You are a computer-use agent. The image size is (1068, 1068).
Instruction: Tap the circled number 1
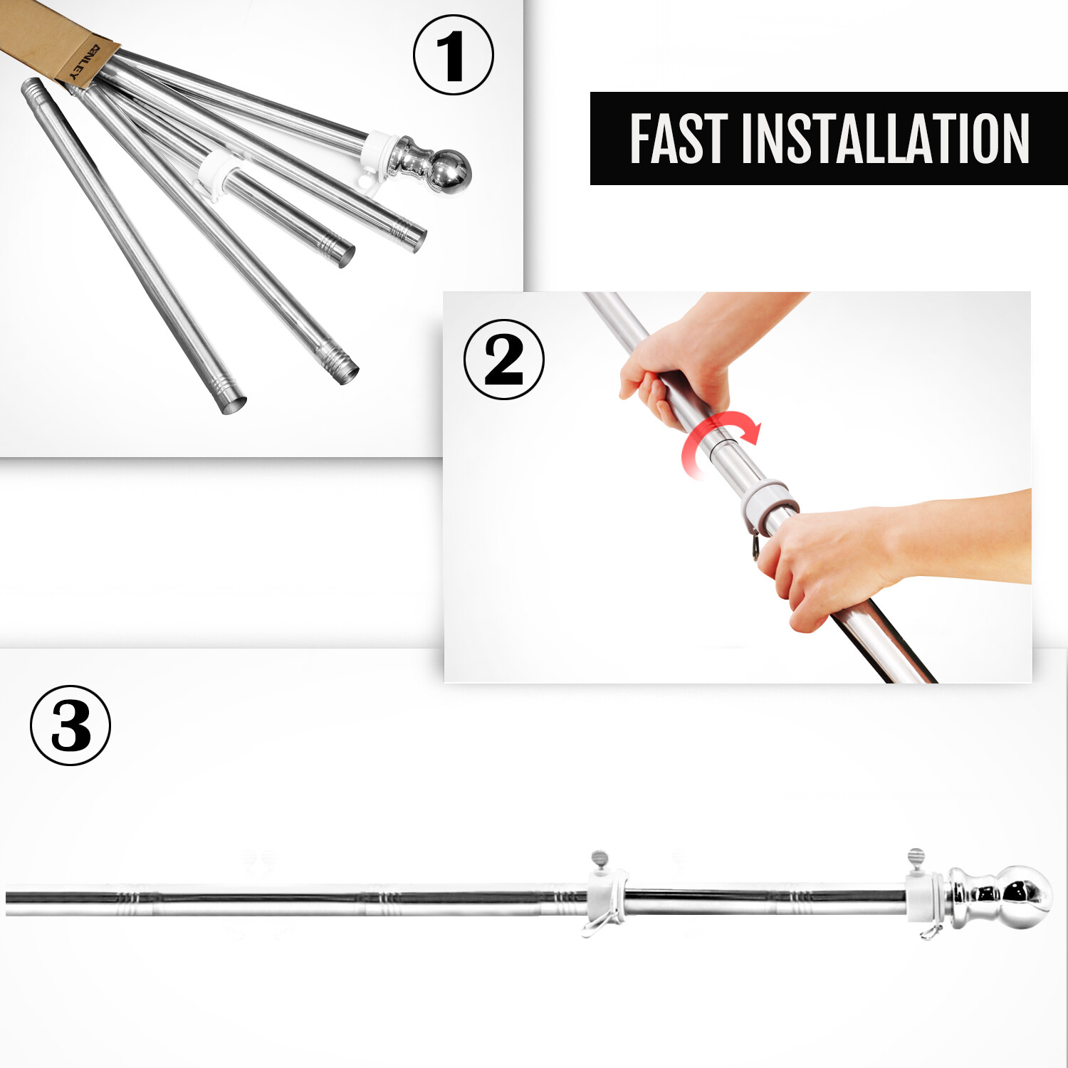point(453,56)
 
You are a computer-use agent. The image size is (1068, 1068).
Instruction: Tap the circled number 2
point(503,360)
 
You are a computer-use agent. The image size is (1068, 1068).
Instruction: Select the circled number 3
point(70,726)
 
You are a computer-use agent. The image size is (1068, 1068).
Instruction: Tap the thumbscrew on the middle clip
point(600,859)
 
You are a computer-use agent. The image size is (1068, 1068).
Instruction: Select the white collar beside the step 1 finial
point(377,153)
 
